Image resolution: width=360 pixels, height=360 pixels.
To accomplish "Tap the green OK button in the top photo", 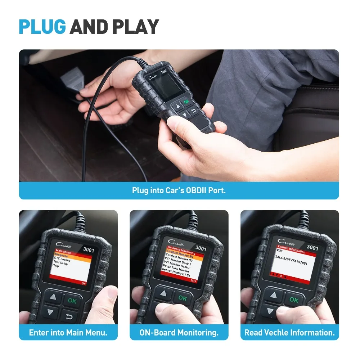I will click(186, 102).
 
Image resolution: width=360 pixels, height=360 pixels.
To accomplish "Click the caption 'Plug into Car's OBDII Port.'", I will click(179, 190).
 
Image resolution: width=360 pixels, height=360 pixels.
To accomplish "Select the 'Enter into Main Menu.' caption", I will click(68, 333).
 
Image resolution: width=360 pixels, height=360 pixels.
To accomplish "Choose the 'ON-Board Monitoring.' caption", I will click(179, 333).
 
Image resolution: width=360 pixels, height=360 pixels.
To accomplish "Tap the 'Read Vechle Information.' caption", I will click(289, 333).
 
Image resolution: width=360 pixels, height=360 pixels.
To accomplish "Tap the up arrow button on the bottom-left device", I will click(53, 297).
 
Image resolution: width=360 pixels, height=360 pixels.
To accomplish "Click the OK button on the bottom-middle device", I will click(183, 298).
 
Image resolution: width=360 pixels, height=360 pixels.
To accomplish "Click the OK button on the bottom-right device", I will click(294, 300).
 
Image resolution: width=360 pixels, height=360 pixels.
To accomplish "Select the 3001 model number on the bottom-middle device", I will click(201, 248).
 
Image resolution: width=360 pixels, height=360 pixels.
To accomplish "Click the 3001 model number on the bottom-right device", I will click(312, 248).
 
